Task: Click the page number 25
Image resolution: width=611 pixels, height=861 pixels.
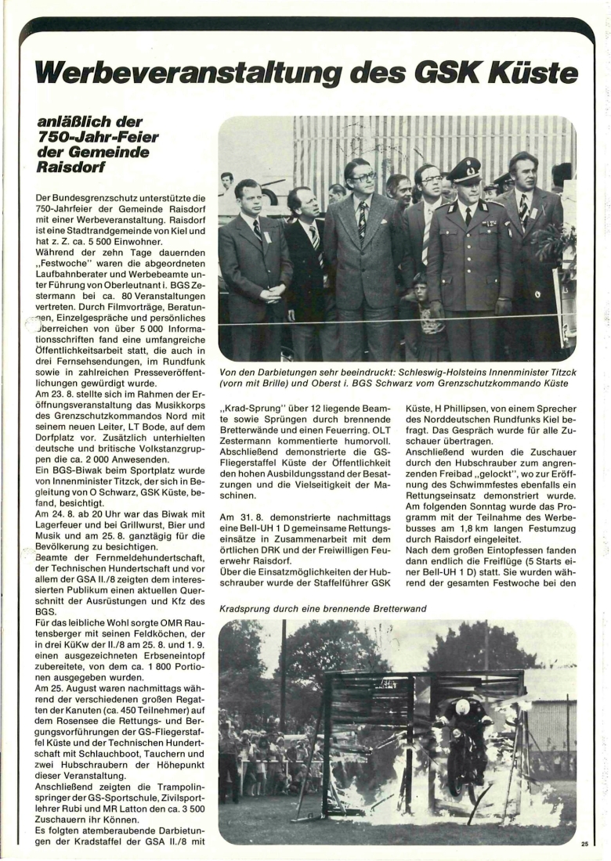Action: pos(584,843)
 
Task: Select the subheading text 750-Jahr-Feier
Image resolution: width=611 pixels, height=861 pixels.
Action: pos(98,138)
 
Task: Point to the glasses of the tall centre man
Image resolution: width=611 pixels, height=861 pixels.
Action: pos(362,177)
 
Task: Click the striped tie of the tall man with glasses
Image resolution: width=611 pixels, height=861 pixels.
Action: pos(362,222)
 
